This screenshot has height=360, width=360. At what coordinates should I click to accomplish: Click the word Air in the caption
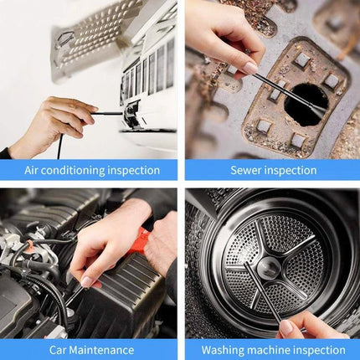(33, 170)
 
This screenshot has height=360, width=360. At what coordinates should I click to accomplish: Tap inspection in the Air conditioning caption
(133, 170)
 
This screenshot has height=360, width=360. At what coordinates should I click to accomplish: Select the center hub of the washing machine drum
(270, 269)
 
